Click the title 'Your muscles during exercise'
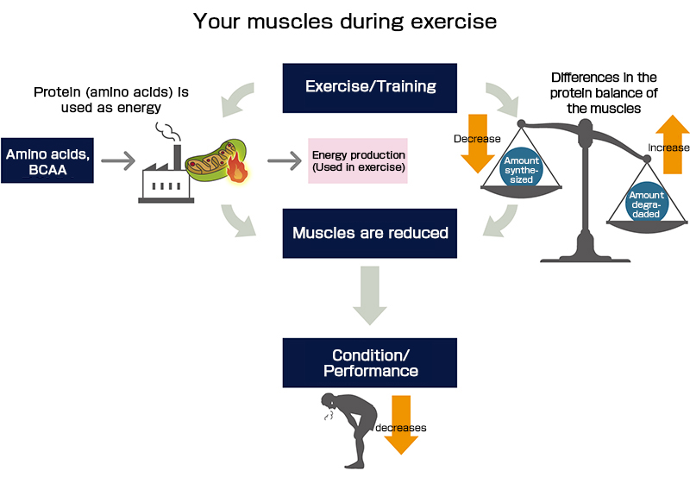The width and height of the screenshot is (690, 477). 345,20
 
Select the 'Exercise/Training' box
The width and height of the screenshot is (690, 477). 370,87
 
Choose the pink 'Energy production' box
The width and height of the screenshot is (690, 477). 358,160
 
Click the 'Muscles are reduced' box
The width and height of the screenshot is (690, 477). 370,233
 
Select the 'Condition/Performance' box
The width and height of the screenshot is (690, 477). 370,362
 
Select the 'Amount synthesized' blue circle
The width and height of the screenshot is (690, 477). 522,167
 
